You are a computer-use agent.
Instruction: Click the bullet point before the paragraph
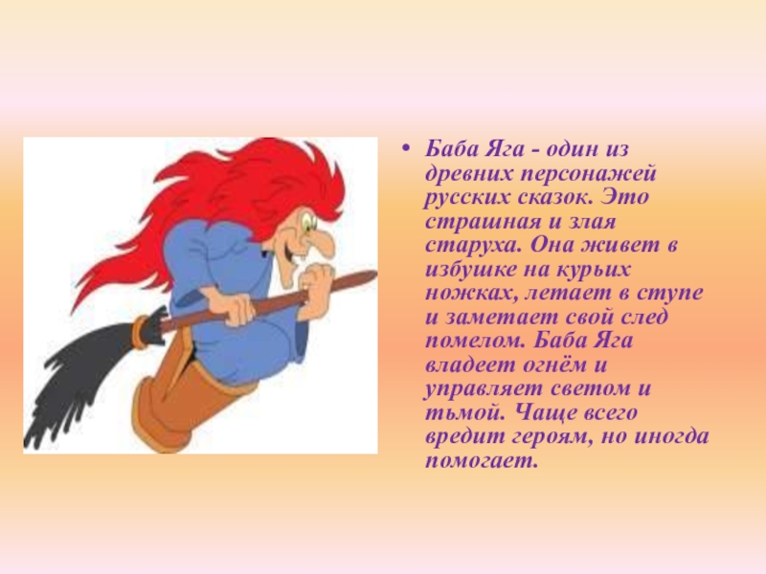404,148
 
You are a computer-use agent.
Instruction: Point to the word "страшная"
484,222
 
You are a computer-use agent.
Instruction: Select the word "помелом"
474,340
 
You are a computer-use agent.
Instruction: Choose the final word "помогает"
481,461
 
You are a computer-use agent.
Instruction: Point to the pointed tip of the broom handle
374,274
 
